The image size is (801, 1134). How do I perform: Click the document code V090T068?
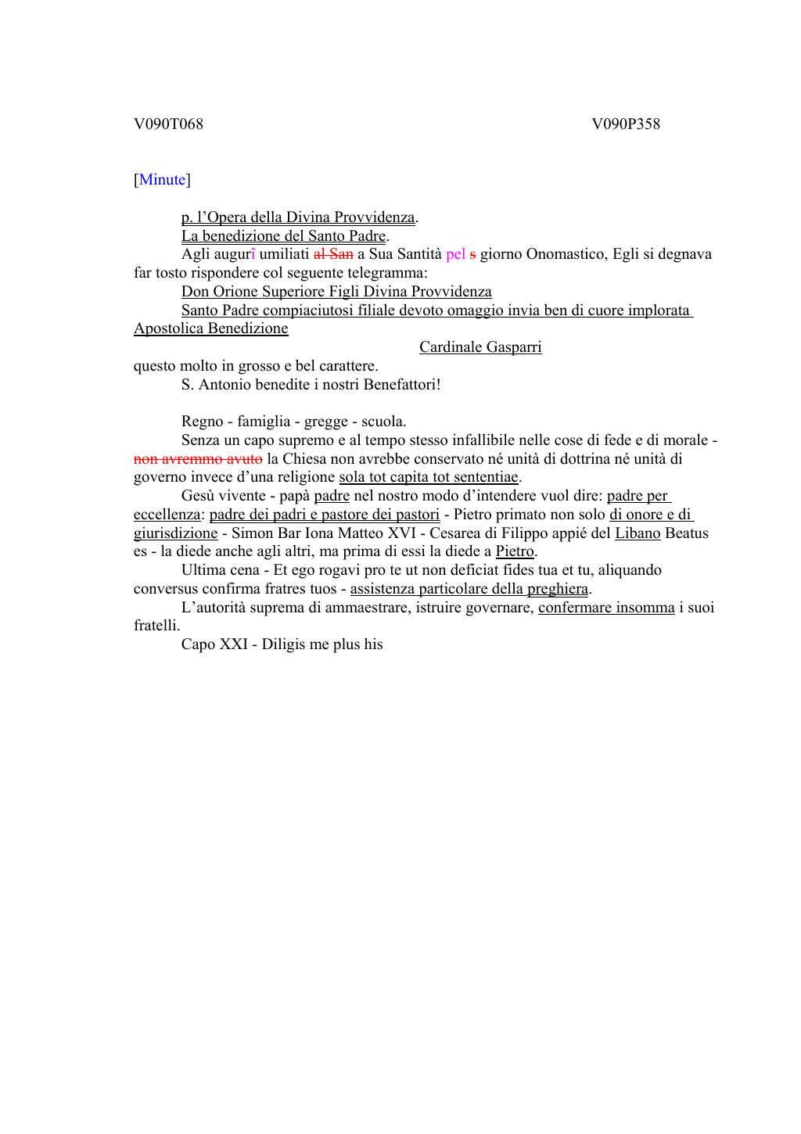tap(168, 124)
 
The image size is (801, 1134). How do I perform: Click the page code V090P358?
tap(626, 124)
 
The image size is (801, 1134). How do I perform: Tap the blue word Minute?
tap(162, 180)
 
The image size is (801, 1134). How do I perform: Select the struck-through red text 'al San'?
tap(333, 254)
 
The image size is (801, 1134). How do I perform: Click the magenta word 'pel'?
tap(455, 254)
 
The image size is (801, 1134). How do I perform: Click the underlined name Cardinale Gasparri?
tap(480, 347)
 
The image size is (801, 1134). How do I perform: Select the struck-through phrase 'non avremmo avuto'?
tap(198, 459)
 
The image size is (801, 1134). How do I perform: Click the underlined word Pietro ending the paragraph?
tap(515, 552)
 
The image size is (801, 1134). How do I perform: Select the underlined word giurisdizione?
tap(175, 533)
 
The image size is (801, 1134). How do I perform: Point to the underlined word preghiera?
tap(557, 589)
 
